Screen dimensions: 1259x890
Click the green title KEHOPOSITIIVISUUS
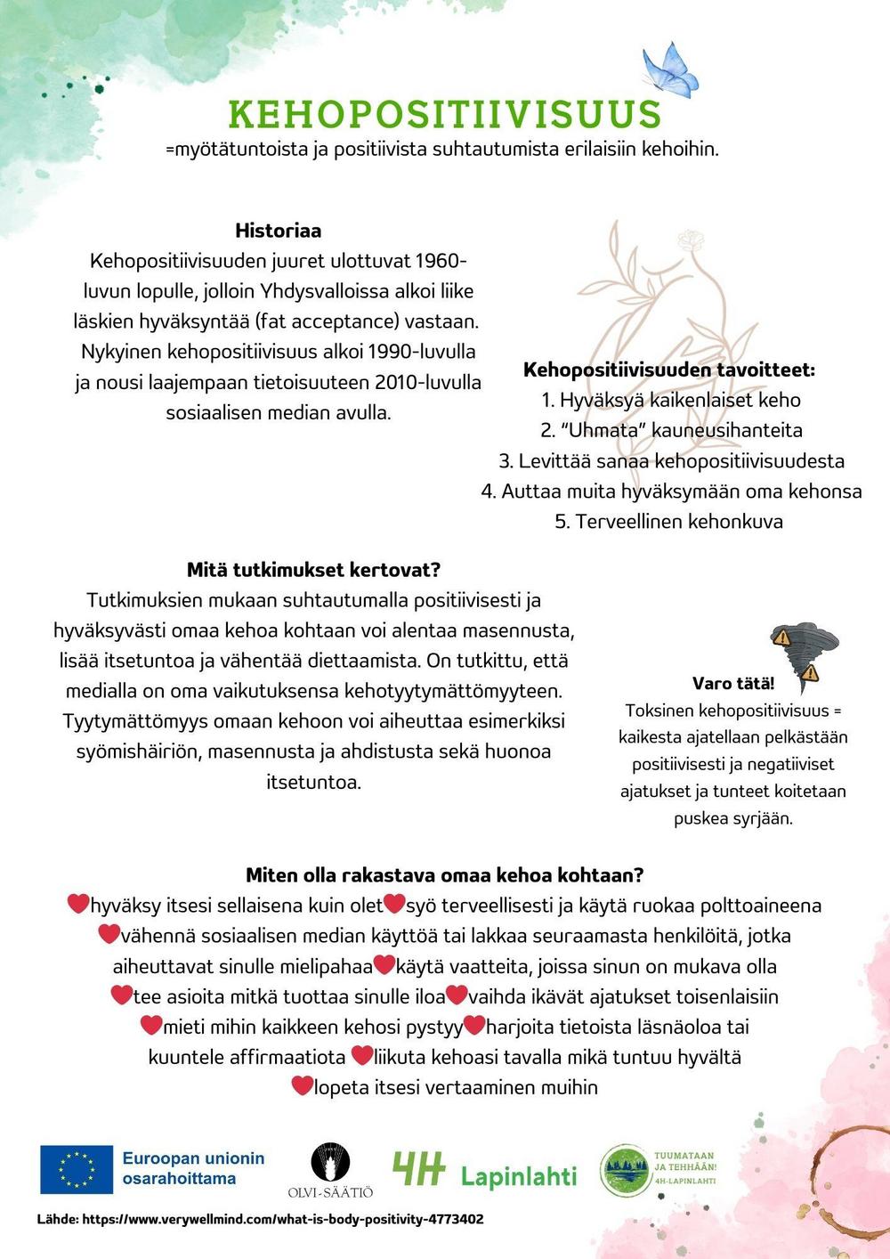coord(445,115)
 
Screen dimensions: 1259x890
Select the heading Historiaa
coord(278,231)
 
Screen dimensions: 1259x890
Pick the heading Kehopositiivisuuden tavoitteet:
coord(669,370)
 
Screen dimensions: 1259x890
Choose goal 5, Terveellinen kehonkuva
coord(669,521)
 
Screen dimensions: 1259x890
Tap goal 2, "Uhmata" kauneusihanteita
coord(671,430)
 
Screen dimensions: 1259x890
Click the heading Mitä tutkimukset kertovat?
coord(313,570)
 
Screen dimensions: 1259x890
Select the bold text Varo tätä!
coord(732,684)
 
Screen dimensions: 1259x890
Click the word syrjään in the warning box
coord(762,818)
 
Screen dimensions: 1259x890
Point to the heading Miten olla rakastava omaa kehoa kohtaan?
coord(444,875)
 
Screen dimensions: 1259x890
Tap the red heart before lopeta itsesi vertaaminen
coord(303,1086)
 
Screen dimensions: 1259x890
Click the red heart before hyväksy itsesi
coord(78,905)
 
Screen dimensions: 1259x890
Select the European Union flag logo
coord(77,1169)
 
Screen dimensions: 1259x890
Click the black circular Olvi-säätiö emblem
coord(330,1163)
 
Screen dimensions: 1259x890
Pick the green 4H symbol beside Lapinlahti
coord(418,1170)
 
